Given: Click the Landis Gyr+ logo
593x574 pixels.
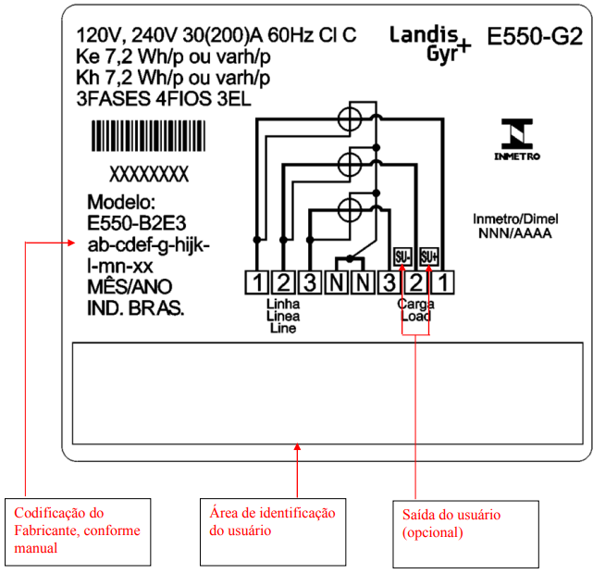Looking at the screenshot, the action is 430,44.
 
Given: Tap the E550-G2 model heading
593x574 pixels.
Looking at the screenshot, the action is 535,37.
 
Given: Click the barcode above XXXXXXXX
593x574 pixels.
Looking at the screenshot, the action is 149,136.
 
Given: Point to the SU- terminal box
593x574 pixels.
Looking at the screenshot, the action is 402,257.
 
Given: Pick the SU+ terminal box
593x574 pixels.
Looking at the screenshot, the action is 429,257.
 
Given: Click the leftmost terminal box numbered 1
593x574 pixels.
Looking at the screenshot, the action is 257,282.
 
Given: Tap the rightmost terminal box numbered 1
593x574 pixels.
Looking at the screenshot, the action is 443,282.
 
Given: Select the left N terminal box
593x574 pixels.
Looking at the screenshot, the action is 337,282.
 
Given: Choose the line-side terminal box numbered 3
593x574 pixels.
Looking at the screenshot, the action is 310,282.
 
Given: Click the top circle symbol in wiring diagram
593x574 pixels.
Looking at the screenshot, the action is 350,119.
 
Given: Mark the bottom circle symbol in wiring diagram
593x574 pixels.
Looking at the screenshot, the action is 350,210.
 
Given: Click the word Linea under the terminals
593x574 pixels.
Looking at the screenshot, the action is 283,316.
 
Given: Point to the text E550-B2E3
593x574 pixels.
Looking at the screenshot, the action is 137,223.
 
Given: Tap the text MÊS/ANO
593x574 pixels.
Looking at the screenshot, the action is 130,287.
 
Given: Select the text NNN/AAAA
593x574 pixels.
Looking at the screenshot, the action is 515,233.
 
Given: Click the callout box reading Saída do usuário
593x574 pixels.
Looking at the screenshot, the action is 466,534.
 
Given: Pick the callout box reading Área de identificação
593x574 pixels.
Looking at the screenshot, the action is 273,531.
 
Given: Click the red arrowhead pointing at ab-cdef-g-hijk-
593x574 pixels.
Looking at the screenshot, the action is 72,243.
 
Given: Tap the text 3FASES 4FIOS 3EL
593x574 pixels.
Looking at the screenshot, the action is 164,99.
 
